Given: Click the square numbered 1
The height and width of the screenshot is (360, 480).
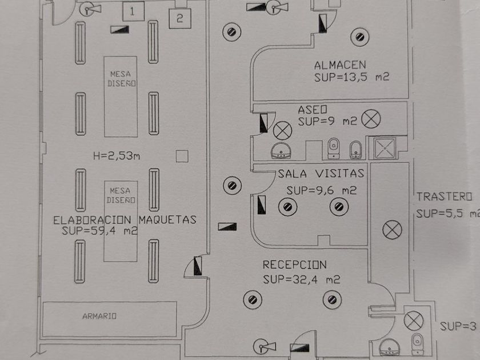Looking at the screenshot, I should click(x=133, y=11).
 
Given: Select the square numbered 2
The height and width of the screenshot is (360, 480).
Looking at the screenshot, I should click(x=179, y=18).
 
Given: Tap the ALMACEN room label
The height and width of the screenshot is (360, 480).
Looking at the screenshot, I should click(x=340, y=65).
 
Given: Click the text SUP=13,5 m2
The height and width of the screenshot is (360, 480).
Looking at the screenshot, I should click(x=351, y=77).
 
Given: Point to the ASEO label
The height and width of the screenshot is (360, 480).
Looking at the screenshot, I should click(x=312, y=109).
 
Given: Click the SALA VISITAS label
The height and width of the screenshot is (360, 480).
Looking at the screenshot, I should click(x=321, y=173).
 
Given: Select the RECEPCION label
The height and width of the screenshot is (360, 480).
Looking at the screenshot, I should click(x=294, y=265).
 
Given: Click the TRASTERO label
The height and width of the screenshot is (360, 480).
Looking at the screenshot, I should click(x=444, y=197).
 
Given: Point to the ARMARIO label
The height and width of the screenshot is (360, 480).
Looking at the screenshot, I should click(x=99, y=315).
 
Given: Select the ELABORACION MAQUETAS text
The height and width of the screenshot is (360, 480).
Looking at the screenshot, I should click(x=125, y=219).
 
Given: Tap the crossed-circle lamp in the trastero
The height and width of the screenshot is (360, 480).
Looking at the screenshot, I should click(x=391, y=230).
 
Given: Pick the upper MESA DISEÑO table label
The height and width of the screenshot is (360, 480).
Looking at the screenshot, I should click(x=121, y=78).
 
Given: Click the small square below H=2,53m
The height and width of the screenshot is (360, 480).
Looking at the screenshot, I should click(x=182, y=155).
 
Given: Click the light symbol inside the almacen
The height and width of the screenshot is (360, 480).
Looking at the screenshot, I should click(x=359, y=38).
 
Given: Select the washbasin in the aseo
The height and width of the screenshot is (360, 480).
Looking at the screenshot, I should click(x=281, y=151).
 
